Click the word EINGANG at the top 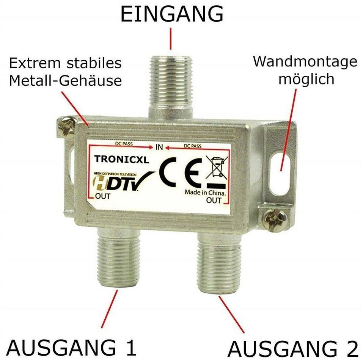pos(172,14)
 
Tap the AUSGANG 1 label pos(71,348)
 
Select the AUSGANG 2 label pos(293,349)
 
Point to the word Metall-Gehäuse pos(65,81)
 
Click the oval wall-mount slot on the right pos(280,173)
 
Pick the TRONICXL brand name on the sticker pos(121,159)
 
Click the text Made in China pos(205,193)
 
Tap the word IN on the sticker pos(159,147)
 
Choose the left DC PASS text pos(124,144)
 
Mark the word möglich pos(306,80)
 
